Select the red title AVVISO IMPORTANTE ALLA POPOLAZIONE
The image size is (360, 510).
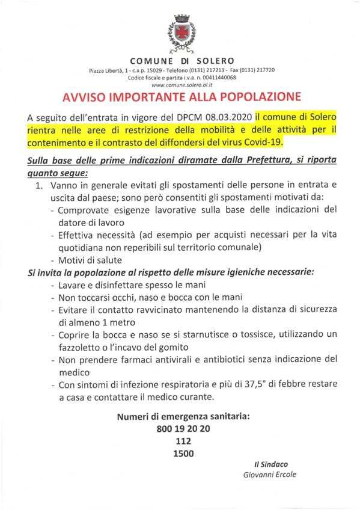pyautogui.click(x=179, y=99)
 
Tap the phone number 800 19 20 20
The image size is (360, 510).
pyautogui.click(x=180, y=429)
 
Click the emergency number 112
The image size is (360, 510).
pyautogui.click(x=180, y=442)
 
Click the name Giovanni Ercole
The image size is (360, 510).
pyautogui.click(x=269, y=475)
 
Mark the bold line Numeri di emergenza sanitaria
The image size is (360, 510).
pyautogui.click(x=180, y=417)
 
